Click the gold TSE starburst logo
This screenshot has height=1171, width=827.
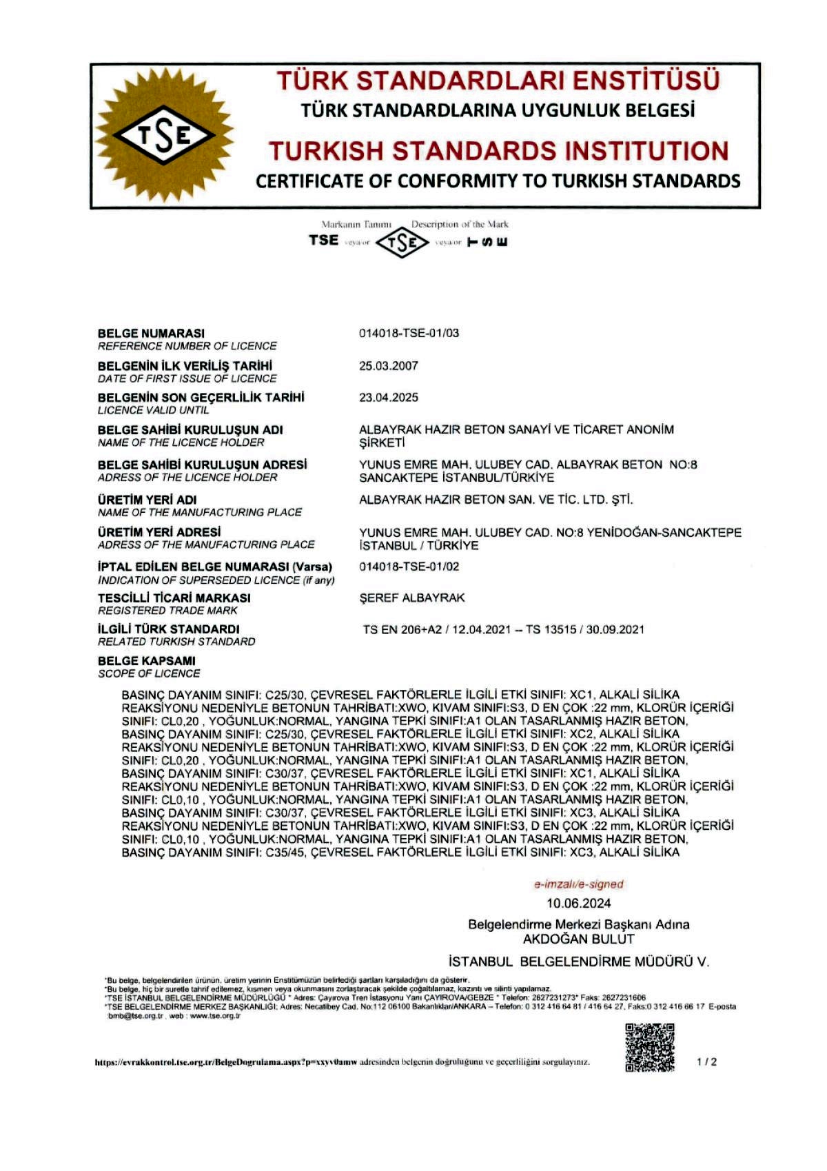pyautogui.click(x=163, y=135)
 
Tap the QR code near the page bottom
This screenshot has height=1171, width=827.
pyautogui.click(x=649, y=1048)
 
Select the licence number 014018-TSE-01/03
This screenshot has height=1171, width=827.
pyautogui.click(x=409, y=334)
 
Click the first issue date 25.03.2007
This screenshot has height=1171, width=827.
pyautogui.click(x=388, y=366)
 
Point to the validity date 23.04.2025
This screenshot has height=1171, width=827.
pyautogui.click(x=388, y=398)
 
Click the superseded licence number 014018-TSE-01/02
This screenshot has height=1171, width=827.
pyautogui.click(x=409, y=567)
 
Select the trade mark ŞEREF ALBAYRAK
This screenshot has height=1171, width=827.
pyautogui.click(x=411, y=598)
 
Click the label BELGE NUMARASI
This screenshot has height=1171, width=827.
pyautogui.click(x=151, y=334)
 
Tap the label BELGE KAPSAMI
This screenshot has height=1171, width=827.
pyautogui.click(x=146, y=661)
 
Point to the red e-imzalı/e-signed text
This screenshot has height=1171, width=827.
pyautogui.click(x=578, y=884)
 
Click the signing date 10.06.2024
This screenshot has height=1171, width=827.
pyautogui.click(x=578, y=904)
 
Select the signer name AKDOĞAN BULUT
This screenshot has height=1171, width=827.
pyautogui.click(x=578, y=939)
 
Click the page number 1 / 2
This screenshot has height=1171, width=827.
pyautogui.click(x=706, y=1062)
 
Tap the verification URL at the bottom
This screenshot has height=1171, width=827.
pyautogui.click(x=225, y=1063)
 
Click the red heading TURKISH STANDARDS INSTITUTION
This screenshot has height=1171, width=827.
pyautogui.click(x=498, y=151)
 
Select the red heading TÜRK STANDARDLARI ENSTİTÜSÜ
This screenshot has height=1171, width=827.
pyautogui.click(x=498, y=81)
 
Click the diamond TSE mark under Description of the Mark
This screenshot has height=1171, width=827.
pyautogui.click(x=402, y=243)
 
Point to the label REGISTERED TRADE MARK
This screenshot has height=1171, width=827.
pyautogui.click(x=167, y=611)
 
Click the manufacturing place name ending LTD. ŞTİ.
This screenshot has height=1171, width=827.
pyautogui.click(x=496, y=500)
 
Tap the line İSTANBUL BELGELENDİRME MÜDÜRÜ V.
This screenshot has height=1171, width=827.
pyautogui.click(x=578, y=961)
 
